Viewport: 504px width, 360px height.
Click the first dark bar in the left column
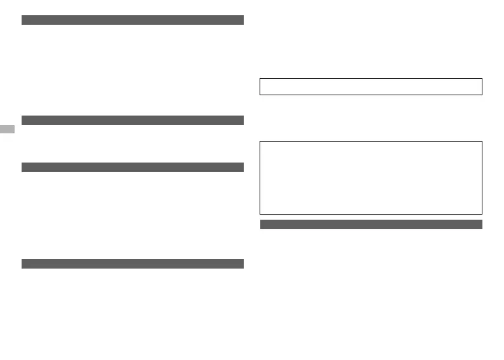click(133, 20)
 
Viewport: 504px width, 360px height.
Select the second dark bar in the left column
click(133, 120)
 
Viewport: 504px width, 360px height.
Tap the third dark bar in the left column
click(133, 167)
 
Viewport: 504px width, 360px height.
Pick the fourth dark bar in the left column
click(133, 263)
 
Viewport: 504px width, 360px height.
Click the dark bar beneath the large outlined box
click(371, 224)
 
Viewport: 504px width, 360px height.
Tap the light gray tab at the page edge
click(7, 130)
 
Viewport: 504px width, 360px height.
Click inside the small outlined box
click(371, 86)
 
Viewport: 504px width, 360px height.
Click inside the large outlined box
click(371, 177)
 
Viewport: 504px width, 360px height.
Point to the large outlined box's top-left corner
click(260, 142)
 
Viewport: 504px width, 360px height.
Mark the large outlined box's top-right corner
click(482, 142)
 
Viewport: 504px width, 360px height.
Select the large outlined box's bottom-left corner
click(260, 213)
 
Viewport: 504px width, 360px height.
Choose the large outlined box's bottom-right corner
click(482, 213)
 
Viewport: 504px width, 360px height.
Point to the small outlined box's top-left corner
click(260, 79)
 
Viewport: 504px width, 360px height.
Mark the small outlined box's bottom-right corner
click(482, 95)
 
